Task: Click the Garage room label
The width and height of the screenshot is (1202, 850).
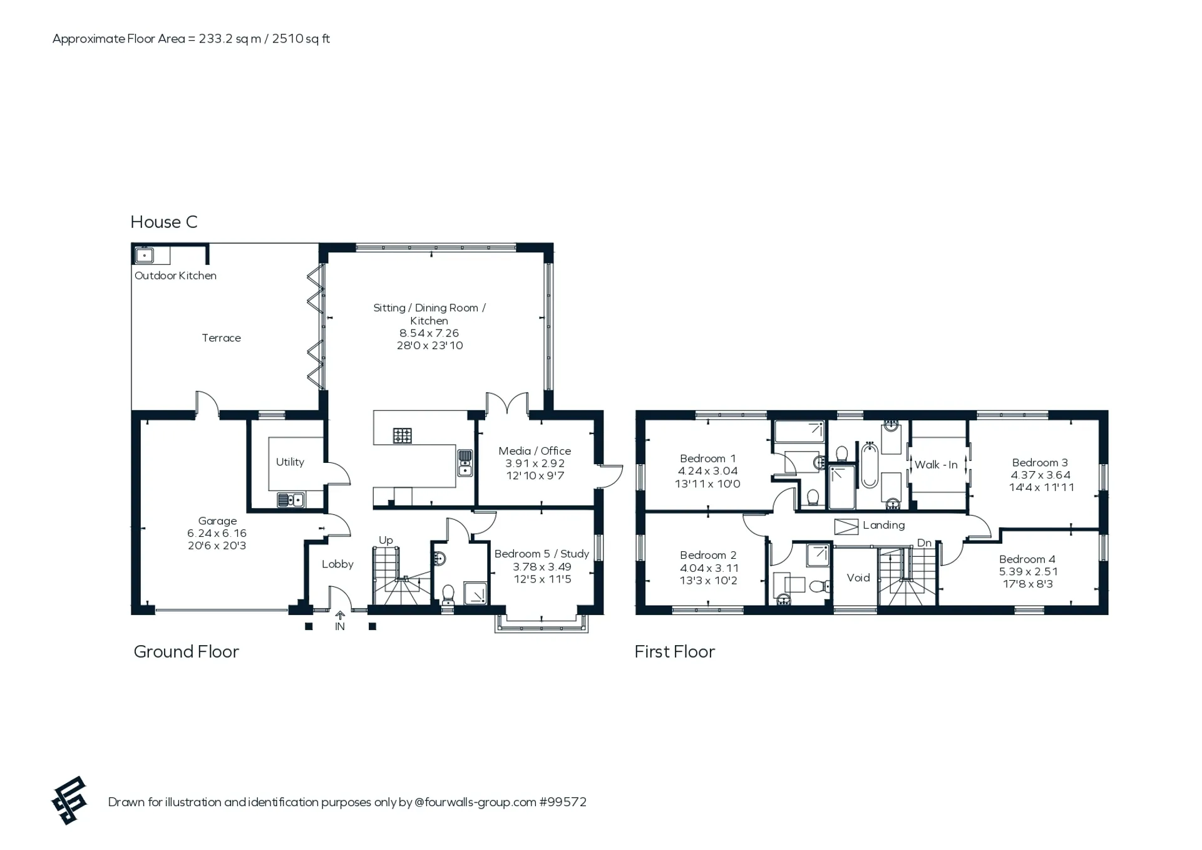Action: coord(217,521)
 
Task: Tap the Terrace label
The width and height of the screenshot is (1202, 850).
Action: coord(221,338)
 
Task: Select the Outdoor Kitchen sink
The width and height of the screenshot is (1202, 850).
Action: coord(145,255)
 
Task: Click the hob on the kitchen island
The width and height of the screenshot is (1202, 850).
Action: coord(402,435)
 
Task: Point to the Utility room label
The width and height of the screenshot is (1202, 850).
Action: coord(290,462)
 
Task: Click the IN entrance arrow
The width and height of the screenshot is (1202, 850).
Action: coord(340,616)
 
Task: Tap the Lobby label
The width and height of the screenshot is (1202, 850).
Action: coord(337,564)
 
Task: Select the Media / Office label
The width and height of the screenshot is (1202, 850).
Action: coord(535,451)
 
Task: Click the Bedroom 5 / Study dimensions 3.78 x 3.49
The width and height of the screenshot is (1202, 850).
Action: coord(542,567)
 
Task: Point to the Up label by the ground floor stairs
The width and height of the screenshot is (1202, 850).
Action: coord(386,541)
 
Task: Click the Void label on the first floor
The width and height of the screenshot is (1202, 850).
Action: coord(858,578)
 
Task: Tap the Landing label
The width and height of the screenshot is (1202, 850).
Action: coord(883,526)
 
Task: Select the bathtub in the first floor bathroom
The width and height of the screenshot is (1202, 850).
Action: coord(870,465)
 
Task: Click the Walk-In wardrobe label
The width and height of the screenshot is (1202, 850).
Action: coord(936,465)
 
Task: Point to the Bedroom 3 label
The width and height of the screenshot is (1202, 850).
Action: coord(1040,463)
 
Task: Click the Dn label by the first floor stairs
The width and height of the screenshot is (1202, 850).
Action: coord(924,543)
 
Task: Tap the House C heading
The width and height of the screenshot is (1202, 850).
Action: coord(164,222)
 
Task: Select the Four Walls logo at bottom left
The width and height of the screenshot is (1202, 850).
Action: coord(69,801)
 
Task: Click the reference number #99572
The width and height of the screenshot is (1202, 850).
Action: coord(563,802)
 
